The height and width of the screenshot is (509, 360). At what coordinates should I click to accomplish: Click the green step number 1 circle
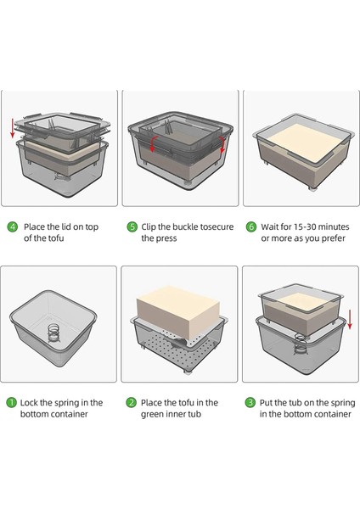pos(11,403)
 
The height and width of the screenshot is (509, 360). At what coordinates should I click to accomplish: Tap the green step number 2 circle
pos(132,402)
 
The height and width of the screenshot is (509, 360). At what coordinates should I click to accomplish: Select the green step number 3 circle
pos(250,402)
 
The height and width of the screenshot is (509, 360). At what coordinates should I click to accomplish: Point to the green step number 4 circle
pos(13,227)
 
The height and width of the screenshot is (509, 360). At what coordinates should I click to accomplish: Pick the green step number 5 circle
pos(132,227)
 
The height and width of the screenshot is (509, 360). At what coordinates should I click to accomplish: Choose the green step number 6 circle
pos(251,227)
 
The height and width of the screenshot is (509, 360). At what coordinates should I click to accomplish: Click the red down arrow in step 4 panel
pos(13,128)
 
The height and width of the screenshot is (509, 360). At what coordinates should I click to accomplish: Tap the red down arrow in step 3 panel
pos(350,320)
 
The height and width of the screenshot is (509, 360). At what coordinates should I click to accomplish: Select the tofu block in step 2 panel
pos(178,311)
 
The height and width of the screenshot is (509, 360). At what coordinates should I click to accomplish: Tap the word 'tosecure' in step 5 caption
pos(217,227)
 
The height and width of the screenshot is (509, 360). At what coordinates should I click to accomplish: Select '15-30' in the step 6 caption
pos(305,227)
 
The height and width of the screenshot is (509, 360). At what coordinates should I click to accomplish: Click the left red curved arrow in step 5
pos(154,143)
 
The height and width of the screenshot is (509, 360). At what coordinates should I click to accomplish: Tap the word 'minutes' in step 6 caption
pos(334,227)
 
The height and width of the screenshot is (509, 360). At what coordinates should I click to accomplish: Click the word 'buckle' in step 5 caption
pos(185,227)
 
